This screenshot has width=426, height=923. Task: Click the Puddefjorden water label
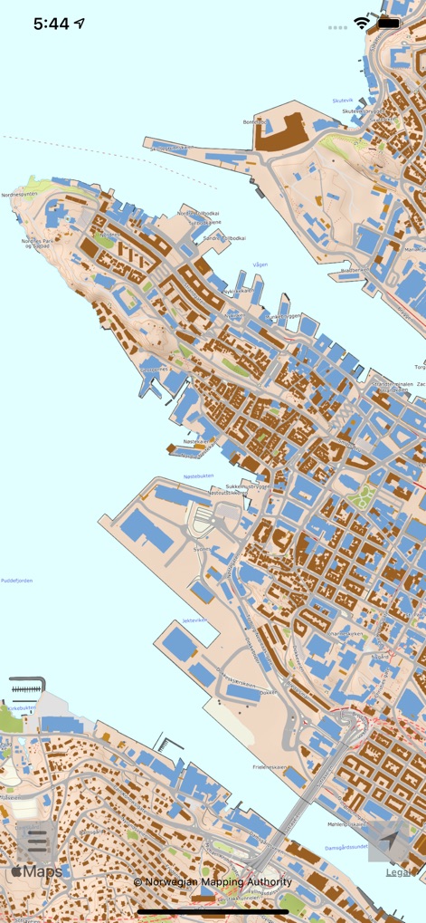(x=16, y=581)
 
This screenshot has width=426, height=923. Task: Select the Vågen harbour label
(x=260, y=264)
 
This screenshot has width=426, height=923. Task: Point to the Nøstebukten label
(x=199, y=476)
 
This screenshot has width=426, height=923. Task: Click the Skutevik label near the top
(x=343, y=101)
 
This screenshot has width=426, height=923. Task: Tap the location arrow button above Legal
(x=389, y=841)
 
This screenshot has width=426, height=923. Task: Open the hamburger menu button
(x=37, y=841)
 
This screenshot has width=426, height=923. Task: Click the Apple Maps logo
(x=37, y=871)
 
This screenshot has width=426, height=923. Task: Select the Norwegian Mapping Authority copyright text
(x=213, y=881)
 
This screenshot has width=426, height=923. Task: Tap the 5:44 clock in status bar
(x=52, y=24)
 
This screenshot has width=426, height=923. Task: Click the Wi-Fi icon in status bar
(x=363, y=24)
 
